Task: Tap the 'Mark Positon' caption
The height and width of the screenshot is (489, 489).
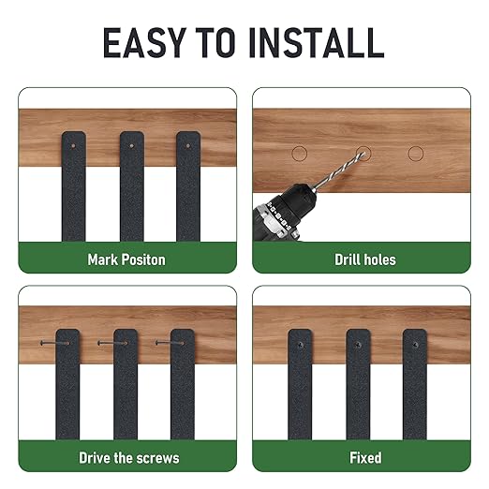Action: [126, 259]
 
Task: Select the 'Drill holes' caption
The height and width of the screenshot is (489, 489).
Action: [364, 259]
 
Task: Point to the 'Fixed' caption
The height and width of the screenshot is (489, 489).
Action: [364, 458]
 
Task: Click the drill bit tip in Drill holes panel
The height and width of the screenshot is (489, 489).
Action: [361, 150]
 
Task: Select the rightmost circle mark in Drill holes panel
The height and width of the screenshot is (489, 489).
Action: [416, 152]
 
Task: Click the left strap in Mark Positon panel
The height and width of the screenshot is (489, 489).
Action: [74, 187]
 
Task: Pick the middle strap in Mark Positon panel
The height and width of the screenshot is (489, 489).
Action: [131, 187]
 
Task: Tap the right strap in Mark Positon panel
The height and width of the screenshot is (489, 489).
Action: [188, 187]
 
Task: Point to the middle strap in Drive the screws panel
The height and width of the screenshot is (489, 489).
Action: [126, 384]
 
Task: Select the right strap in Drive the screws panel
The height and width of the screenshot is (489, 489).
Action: [183, 384]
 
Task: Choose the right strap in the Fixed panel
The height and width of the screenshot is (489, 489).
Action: [416, 384]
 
